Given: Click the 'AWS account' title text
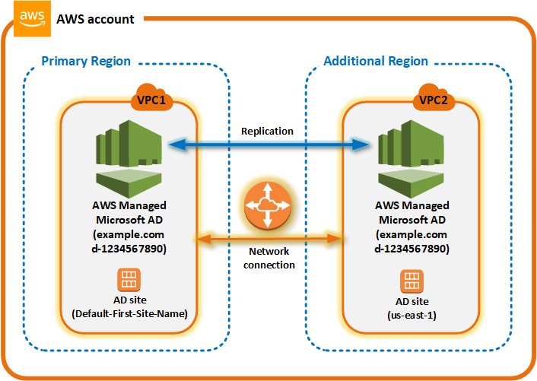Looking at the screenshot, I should (x=96, y=19).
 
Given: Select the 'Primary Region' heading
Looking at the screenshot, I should (x=86, y=61).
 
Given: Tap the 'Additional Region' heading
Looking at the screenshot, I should (x=376, y=61).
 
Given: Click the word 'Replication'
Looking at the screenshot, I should (x=267, y=131).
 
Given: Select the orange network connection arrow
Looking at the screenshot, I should (x=267, y=240).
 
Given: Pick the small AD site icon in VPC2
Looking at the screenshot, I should (x=411, y=281).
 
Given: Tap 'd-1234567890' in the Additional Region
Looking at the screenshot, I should (x=411, y=248).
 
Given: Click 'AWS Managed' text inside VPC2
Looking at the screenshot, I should (x=411, y=205).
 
